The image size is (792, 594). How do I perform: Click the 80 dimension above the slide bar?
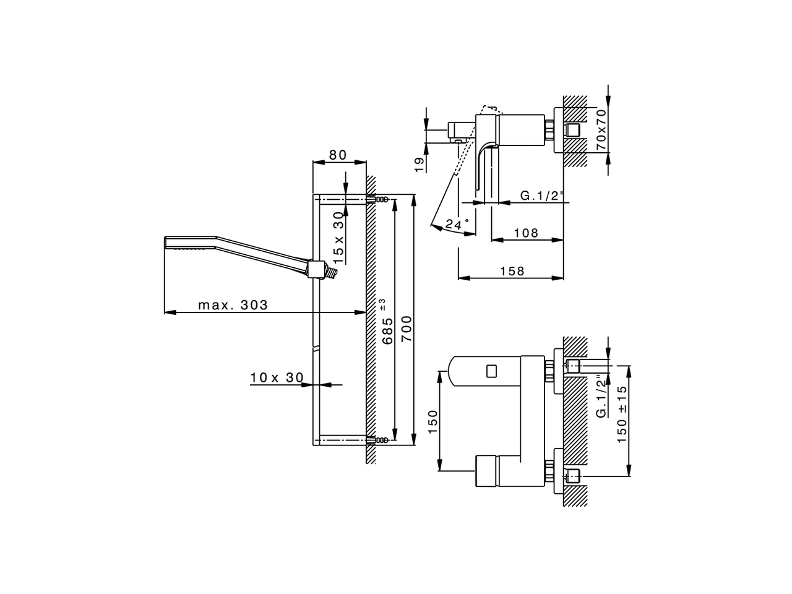coord(338,155)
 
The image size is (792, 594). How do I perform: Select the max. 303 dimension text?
coord(233,305)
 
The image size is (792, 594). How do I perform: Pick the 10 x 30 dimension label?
coord(277,377)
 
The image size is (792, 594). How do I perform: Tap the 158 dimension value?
coord(511,271)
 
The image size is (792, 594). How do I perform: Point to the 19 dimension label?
coord(419,163)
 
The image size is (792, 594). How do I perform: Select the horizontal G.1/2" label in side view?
coord(542,196)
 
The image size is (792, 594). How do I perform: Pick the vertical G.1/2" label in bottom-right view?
coord(600,397)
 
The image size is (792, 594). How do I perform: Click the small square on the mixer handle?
coord(492,371)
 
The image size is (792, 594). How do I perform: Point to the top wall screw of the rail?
coord(379,199)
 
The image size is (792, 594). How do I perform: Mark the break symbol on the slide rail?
coord(317,350)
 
